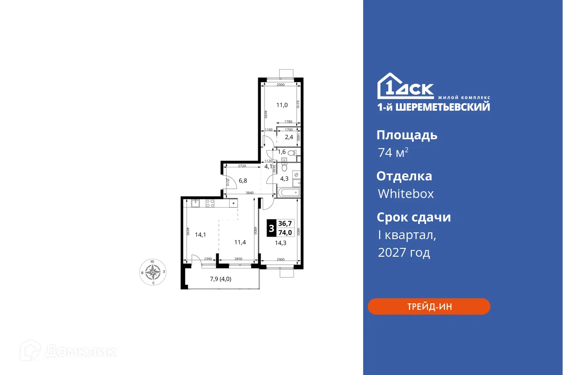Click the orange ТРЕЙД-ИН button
429,307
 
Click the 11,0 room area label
282,105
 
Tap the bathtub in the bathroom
289,193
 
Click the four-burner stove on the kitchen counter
210,203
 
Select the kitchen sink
196,203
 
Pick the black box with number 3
272,229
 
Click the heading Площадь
406,135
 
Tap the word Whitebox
406,194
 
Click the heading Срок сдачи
414,217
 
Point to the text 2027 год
404,253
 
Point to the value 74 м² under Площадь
393,153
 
